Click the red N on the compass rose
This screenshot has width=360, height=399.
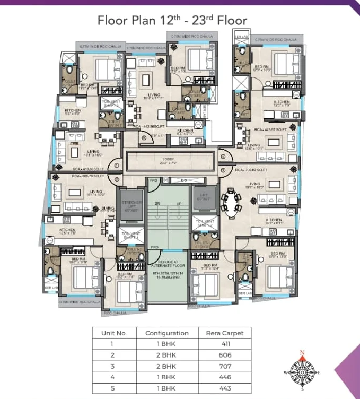point(302,352)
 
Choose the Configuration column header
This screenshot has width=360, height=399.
point(167,333)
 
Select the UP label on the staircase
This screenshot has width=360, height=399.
point(178,204)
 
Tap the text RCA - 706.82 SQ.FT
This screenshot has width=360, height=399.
point(251,170)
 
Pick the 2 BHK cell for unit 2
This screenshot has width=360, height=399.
point(167,355)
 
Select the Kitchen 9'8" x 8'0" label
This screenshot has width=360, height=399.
point(73,111)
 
